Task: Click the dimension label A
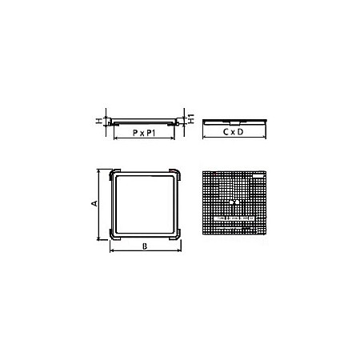coord(94,204)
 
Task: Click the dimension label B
coord(144,246)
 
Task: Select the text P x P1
coord(144,134)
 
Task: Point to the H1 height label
coord(193,118)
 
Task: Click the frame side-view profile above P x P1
coord(144,123)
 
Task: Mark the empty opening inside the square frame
coord(145,204)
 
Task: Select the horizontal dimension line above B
coord(144,251)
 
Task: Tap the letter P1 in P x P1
coord(154,134)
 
